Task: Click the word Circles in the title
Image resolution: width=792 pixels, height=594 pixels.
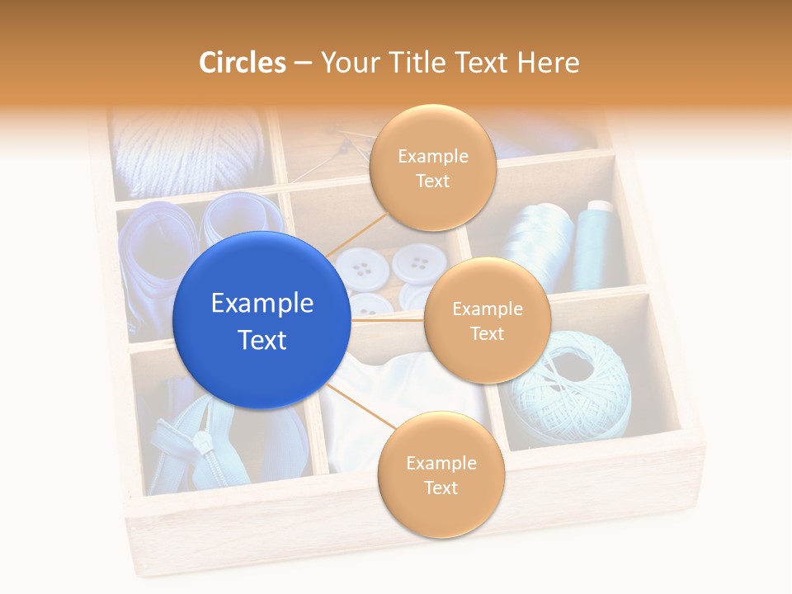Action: (x=243, y=63)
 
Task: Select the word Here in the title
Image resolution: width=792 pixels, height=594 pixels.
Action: (x=548, y=63)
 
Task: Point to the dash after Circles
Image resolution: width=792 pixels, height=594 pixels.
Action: (x=303, y=64)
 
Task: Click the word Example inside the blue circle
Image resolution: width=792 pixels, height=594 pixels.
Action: (x=262, y=304)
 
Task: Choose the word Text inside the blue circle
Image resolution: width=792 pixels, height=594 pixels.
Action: (x=262, y=340)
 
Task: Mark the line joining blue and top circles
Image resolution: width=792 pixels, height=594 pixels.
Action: (x=356, y=234)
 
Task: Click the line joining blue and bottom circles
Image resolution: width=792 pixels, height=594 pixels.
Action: (x=363, y=407)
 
